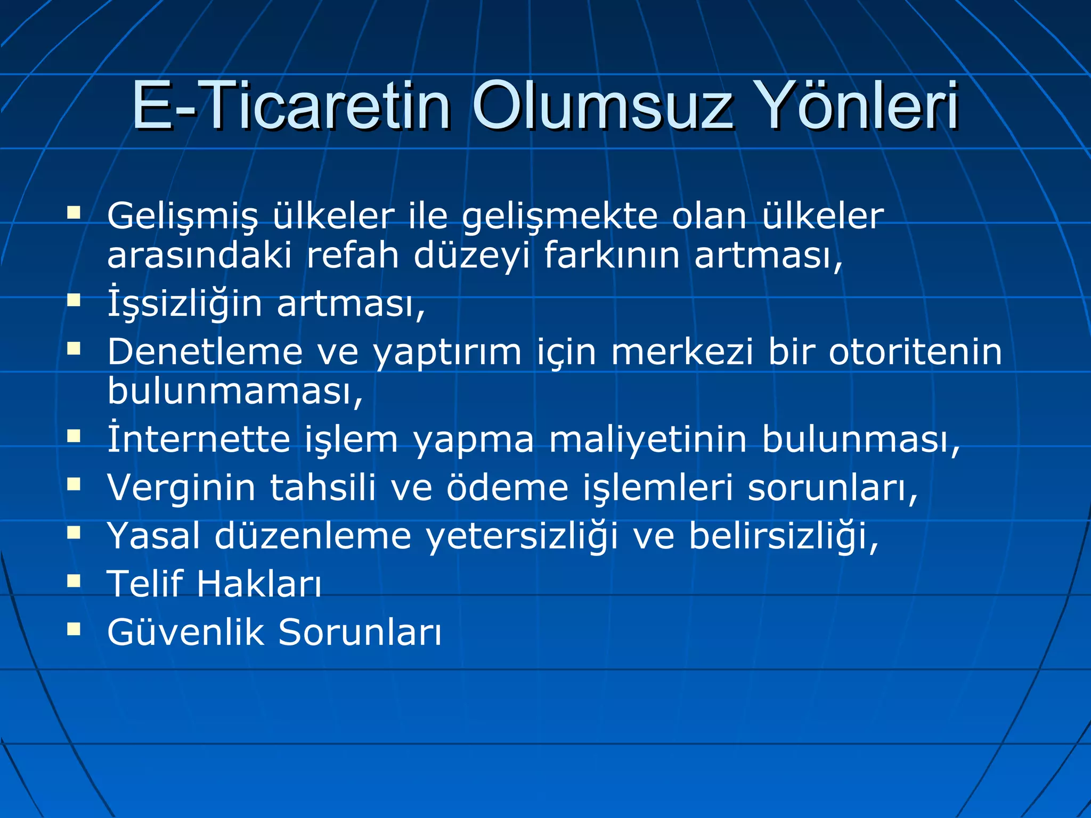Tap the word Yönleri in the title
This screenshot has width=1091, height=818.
click(853, 106)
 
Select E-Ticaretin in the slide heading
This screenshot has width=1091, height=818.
click(290, 106)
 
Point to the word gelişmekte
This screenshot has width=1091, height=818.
click(560, 217)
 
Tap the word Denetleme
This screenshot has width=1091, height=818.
click(205, 352)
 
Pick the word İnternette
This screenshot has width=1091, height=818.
click(198, 440)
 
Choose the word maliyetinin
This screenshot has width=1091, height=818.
click(648, 440)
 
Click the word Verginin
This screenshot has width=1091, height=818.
click(182, 488)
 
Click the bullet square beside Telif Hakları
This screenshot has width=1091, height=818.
click(74, 580)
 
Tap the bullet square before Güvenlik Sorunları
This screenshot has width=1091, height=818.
click(74, 629)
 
